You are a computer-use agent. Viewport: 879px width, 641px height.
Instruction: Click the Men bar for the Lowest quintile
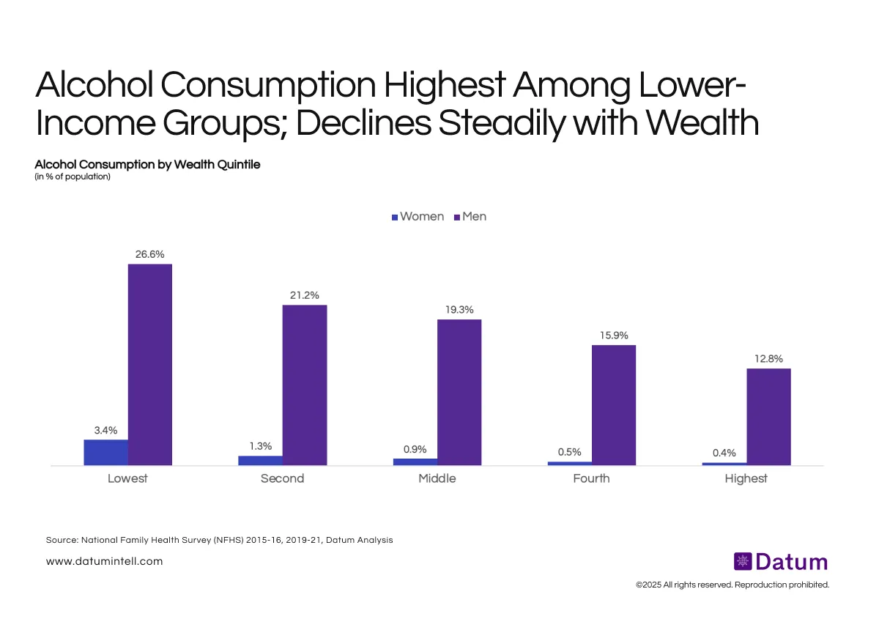click(x=150, y=364)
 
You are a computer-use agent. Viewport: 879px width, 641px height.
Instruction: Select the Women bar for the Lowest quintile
click(x=105, y=452)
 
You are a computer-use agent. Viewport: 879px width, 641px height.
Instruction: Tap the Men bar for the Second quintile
click(x=305, y=385)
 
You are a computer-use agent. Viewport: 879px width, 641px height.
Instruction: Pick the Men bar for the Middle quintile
click(x=459, y=392)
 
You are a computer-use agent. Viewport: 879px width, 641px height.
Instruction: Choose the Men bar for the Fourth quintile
click(x=614, y=404)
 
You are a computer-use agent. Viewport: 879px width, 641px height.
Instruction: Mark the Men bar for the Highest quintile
click(x=768, y=416)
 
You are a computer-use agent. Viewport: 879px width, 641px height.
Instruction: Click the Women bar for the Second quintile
click(x=260, y=460)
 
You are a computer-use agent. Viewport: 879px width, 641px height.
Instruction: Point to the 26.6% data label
click(x=149, y=254)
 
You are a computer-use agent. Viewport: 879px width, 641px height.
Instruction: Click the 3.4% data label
click(x=105, y=430)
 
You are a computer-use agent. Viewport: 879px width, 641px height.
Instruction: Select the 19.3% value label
click(x=459, y=310)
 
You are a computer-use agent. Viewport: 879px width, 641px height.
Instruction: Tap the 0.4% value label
click(x=724, y=453)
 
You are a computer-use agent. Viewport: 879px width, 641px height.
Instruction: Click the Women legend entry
click(x=418, y=217)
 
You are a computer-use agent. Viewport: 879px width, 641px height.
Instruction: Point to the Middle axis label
click(x=437, y=478)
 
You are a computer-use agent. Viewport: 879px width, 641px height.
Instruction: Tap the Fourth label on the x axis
click(x=591, y=478)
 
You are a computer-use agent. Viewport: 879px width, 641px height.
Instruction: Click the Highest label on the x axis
click(x=746, y=478)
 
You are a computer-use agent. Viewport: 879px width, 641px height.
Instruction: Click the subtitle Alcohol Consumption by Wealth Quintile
click(x=147, y=164)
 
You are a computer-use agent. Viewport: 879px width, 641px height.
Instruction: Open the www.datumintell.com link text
click(x=104, y=561)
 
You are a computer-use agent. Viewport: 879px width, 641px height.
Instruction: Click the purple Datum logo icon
click(x=743, y=562)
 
